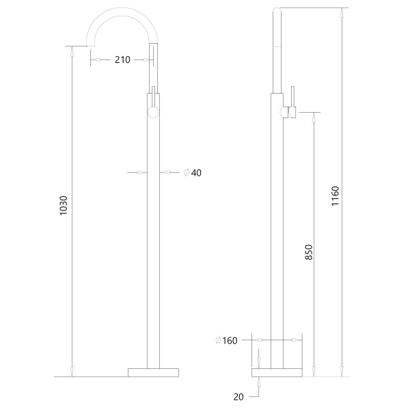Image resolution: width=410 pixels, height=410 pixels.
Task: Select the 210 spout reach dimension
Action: [x=122, y=60]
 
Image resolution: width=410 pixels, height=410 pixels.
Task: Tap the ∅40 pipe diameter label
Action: [x=193, y=173]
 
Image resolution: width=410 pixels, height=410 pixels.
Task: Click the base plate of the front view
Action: [x=153, y=372]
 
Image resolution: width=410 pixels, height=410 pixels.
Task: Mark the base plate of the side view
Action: [x=277, y=372]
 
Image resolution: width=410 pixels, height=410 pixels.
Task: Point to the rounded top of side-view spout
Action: [x=277, y=10]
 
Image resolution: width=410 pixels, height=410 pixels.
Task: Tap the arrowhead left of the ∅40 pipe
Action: [x=143, y=173]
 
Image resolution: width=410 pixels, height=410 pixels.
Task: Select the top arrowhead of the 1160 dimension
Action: [x=342, y=13]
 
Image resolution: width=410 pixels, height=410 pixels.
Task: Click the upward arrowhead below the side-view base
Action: [x=258, y=381]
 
